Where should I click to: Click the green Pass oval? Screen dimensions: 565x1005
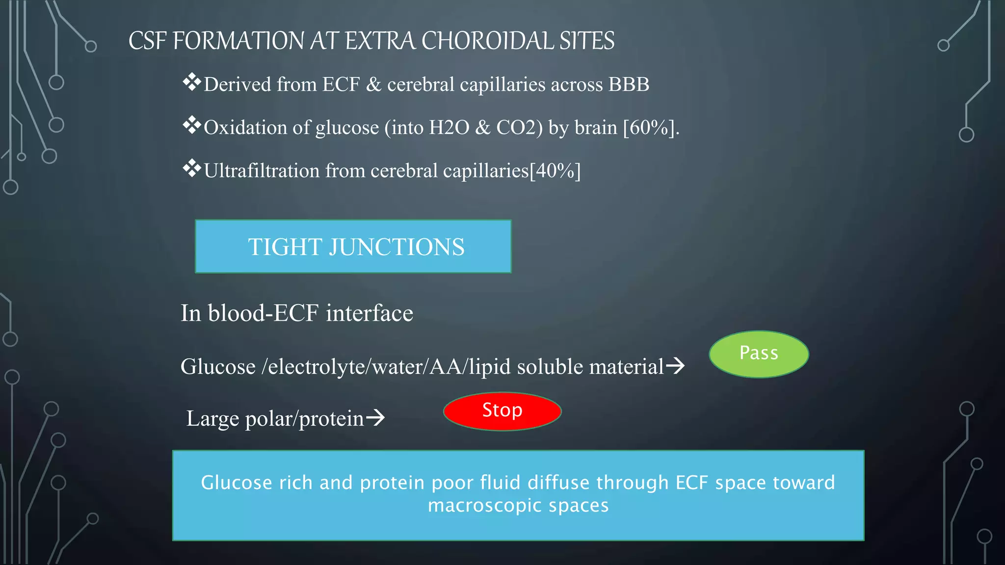point(759,354)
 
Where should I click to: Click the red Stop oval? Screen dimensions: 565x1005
point(502,411)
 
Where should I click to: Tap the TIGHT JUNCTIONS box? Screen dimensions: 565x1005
point(353,246)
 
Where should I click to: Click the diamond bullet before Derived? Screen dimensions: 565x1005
point(192,82)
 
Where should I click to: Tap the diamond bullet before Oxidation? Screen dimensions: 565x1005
point(192,125)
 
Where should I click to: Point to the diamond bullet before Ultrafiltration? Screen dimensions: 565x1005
point(192,168)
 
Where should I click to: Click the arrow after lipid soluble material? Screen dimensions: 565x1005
point(675,365)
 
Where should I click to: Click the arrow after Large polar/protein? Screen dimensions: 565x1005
point(375,418)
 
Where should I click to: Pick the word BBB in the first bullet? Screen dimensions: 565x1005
point(629,84)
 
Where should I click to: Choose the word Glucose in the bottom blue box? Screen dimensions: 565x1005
point(236,483)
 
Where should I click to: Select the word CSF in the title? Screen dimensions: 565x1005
point(147,41)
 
